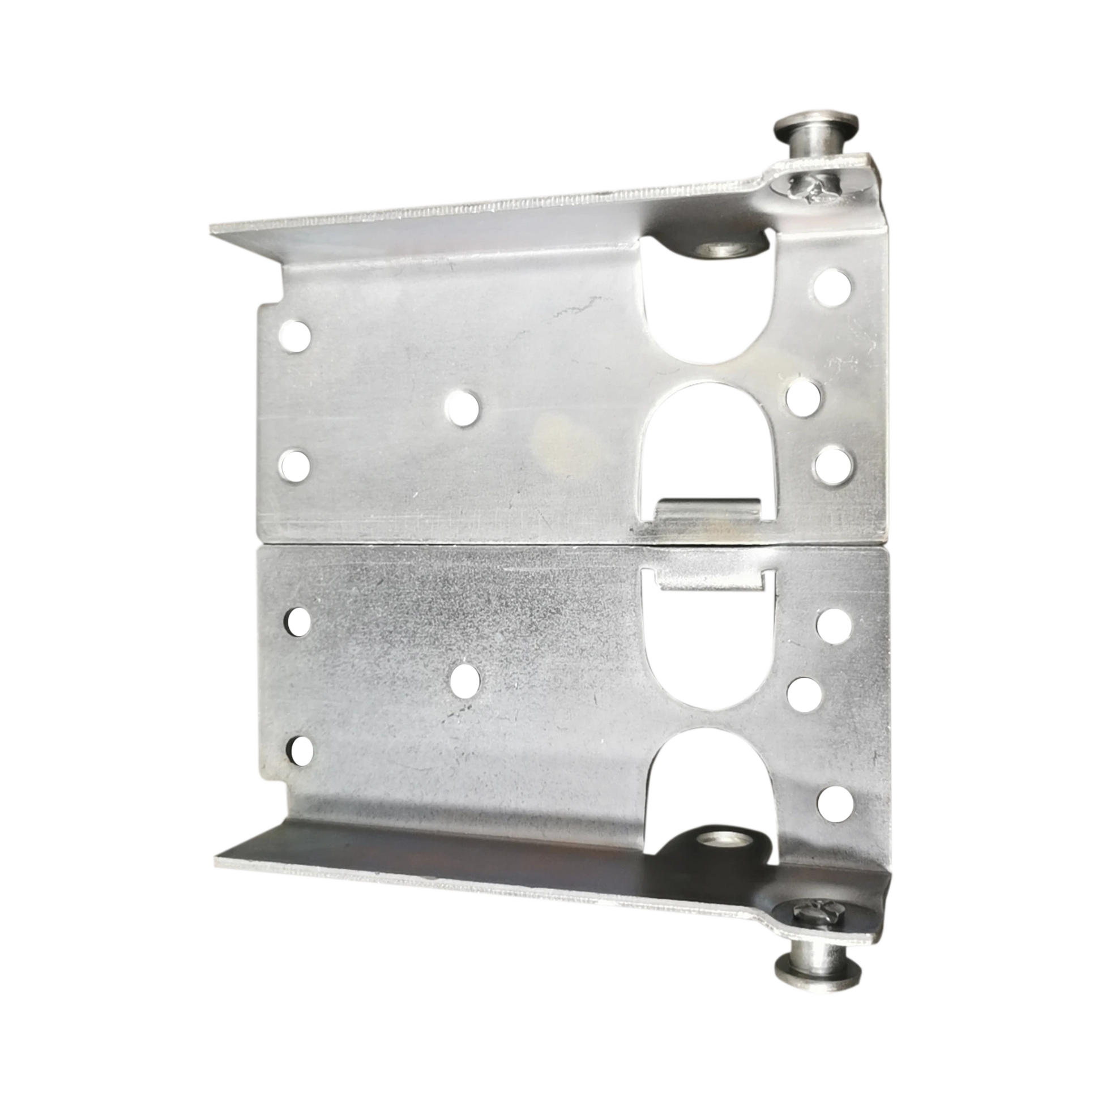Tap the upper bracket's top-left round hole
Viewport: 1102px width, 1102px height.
click(x=295, y=335)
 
